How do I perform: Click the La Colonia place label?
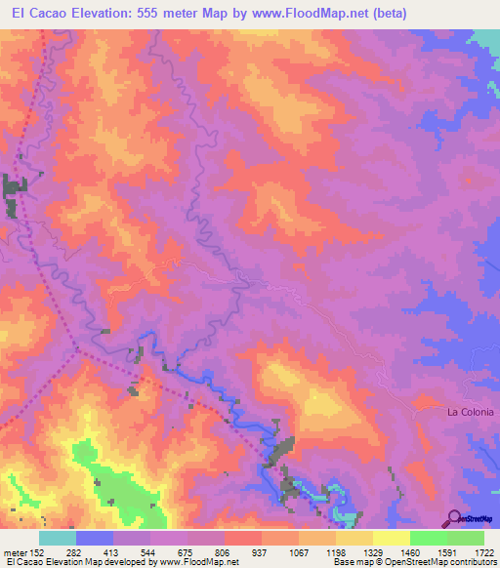[x=471, y=412]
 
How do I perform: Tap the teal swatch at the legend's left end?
[x=58, y=538]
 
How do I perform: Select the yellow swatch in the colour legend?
[x=391, y=538]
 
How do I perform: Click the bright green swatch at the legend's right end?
[x=466, y=538]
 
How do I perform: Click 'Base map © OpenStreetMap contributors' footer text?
[x=412, y=561]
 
